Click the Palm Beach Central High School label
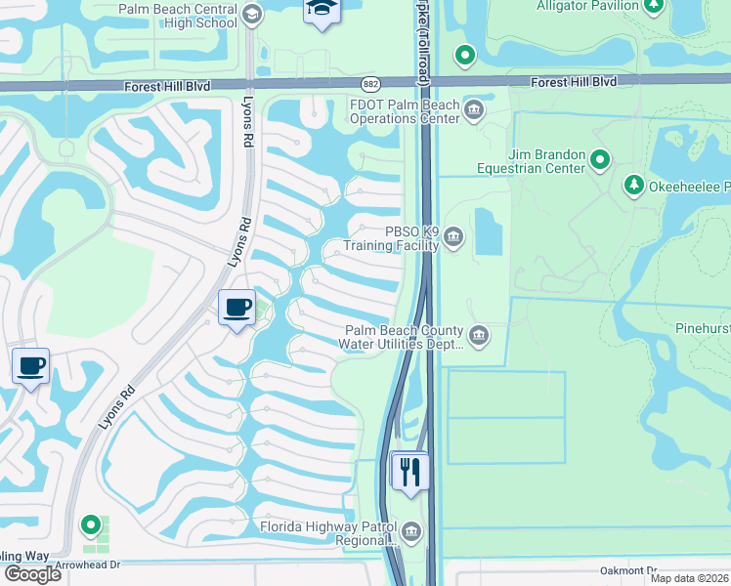click(178, 16)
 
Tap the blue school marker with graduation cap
click(320, 11)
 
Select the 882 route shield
click(370, 85)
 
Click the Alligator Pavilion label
click(585, 6)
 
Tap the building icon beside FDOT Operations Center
click(476, 107)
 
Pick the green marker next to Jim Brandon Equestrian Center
click(600, 158)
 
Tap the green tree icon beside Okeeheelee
click(633, 185)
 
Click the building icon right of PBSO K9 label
click(453, 236)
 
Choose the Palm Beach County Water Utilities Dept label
click(402, 337)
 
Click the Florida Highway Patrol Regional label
click(328, 533)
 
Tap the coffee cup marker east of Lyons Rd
click(236, 308)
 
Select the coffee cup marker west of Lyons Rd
click(30, 366)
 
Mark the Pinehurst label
click(703, 330)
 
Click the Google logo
click(32, 573)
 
